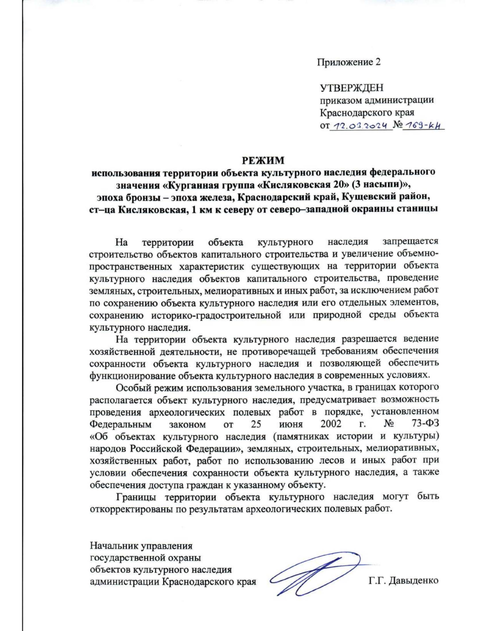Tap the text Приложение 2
click(x=349, y=62)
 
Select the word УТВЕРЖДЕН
click(x=352, y=88)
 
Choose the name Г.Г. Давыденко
click(x=403, y=581)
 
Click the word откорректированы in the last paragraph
click(x=131, y=510)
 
